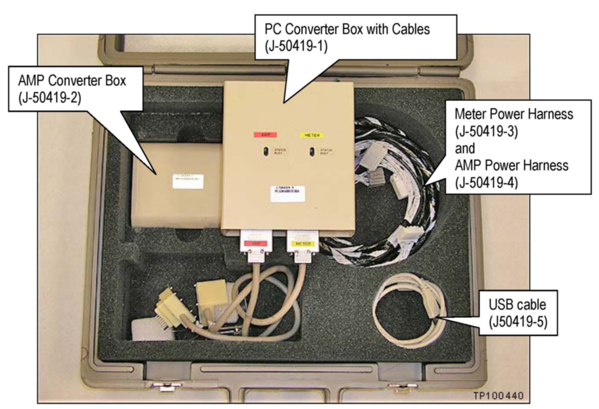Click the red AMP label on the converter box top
coord(265,135)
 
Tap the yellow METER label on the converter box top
coord(312,135)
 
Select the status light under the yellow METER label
coord(312,151)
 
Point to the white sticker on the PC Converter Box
coord(287,194)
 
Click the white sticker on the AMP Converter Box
coord(188,181)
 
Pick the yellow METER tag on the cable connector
coord(303,244)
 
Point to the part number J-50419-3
coord(486,131)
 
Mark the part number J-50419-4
coord(486,183)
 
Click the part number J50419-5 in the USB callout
coord(518,322)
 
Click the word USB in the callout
coord(500,305)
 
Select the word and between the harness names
coord(465,148)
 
